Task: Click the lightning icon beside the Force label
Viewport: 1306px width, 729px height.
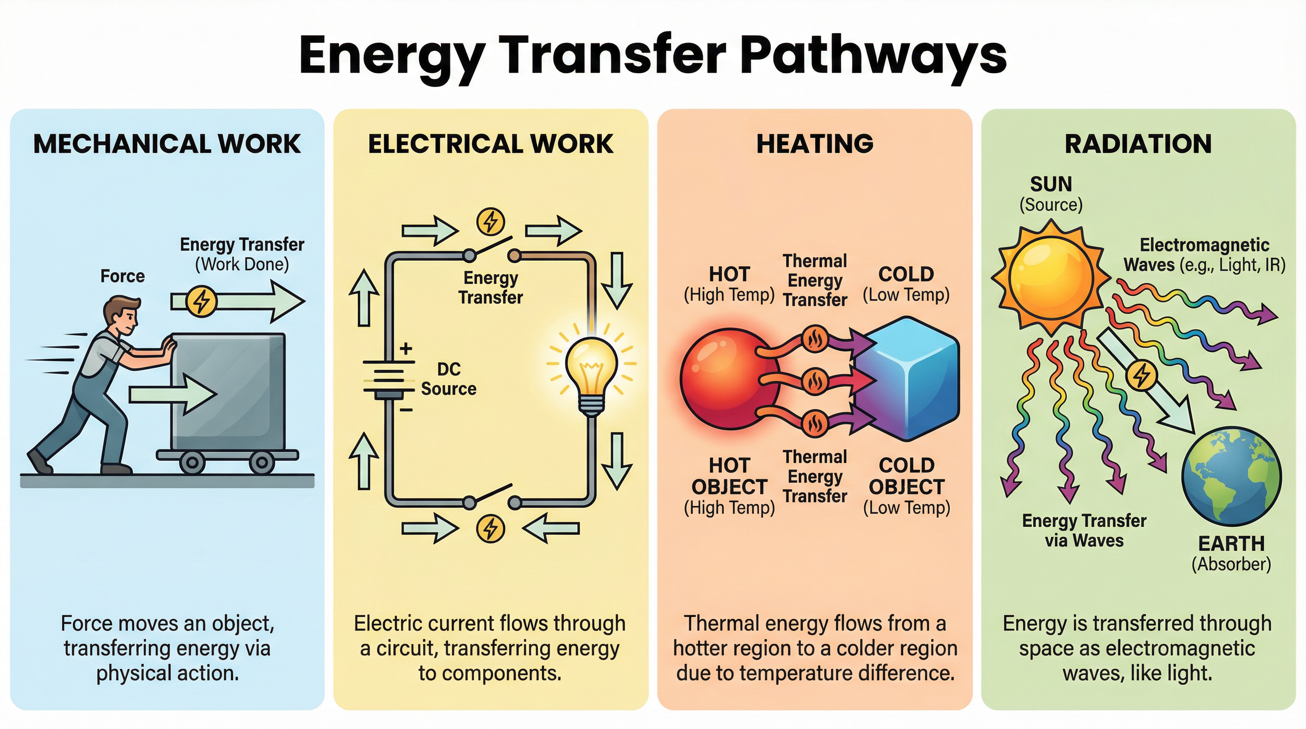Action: (202, 302)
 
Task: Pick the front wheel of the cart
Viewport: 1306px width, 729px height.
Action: (261, 462)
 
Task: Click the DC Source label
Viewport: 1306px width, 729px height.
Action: (448, 379)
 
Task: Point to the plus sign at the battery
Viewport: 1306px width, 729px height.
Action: (406, 349)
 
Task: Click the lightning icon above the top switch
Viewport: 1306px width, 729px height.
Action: (490, 222)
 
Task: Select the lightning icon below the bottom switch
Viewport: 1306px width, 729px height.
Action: (490, 528)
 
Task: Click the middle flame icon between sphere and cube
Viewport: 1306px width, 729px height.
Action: (815, 381)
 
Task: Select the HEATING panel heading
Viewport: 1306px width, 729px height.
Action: (815, 144)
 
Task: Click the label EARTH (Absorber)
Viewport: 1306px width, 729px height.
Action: (1231, 553)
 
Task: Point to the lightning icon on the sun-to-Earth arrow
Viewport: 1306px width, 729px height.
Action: (1141, 375)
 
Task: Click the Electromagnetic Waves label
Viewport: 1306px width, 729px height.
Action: (1204, 255)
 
